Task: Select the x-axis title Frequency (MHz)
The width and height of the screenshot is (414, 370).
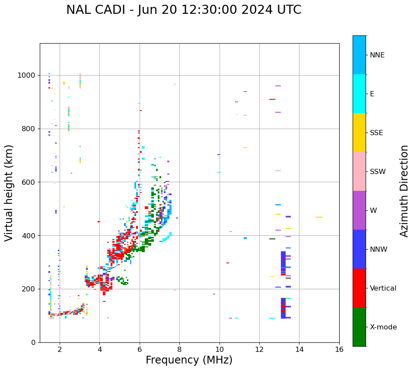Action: point(189,360)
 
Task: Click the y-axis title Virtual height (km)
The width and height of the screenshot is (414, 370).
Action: point(9,193)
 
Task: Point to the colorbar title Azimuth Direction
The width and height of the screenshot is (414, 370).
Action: point(404,191)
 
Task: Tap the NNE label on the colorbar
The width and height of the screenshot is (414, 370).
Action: point(377,55)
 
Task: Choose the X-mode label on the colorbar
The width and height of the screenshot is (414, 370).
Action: point(383,327)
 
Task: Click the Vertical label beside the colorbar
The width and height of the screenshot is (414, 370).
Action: point(383,288)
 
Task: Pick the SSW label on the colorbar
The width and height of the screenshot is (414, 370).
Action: point(378,172)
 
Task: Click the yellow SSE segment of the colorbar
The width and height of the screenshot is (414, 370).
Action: point(359,133)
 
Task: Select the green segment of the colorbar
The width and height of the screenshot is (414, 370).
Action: point(359,327)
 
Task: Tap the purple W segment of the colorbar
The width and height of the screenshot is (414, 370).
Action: point(359,210)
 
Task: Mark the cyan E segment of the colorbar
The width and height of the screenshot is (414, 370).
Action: point(359,94)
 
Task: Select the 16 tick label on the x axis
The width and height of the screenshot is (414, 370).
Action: point(339,349)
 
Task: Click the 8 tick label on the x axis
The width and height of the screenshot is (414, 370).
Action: point(179,349)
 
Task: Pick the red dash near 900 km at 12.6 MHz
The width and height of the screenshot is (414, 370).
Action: point(272,99)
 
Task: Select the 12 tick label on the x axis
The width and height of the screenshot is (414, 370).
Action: point(259,349)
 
